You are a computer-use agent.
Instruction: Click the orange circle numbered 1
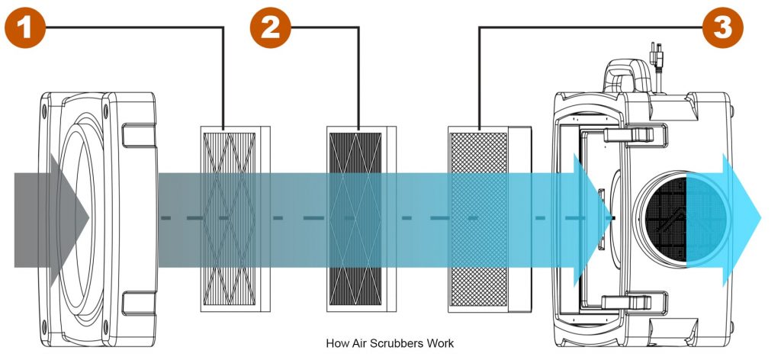(x=26, y=27)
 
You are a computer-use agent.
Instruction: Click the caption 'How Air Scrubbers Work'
(x=389, y=343)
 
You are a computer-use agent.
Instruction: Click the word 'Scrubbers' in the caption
(x=400, y=343)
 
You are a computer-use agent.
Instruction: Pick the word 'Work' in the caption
(x=441, y=343)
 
